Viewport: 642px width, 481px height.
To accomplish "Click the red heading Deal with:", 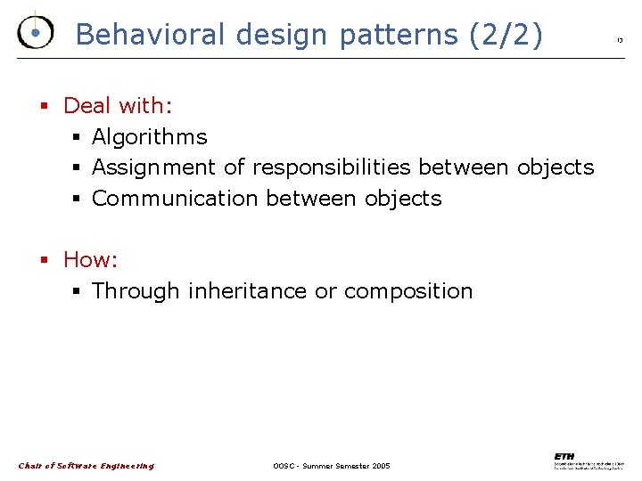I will [x=118, y=106].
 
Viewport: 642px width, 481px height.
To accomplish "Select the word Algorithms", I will [x=149, y=137].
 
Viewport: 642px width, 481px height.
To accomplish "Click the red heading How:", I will [x=91, y=260].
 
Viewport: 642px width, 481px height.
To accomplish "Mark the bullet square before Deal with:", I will [x=43, y=107].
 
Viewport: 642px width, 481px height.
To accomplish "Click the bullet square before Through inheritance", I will [x=77, y=292].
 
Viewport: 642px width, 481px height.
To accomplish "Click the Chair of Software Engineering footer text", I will [x=86, y=466].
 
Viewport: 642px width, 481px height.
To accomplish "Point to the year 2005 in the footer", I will [x=379, y=466].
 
